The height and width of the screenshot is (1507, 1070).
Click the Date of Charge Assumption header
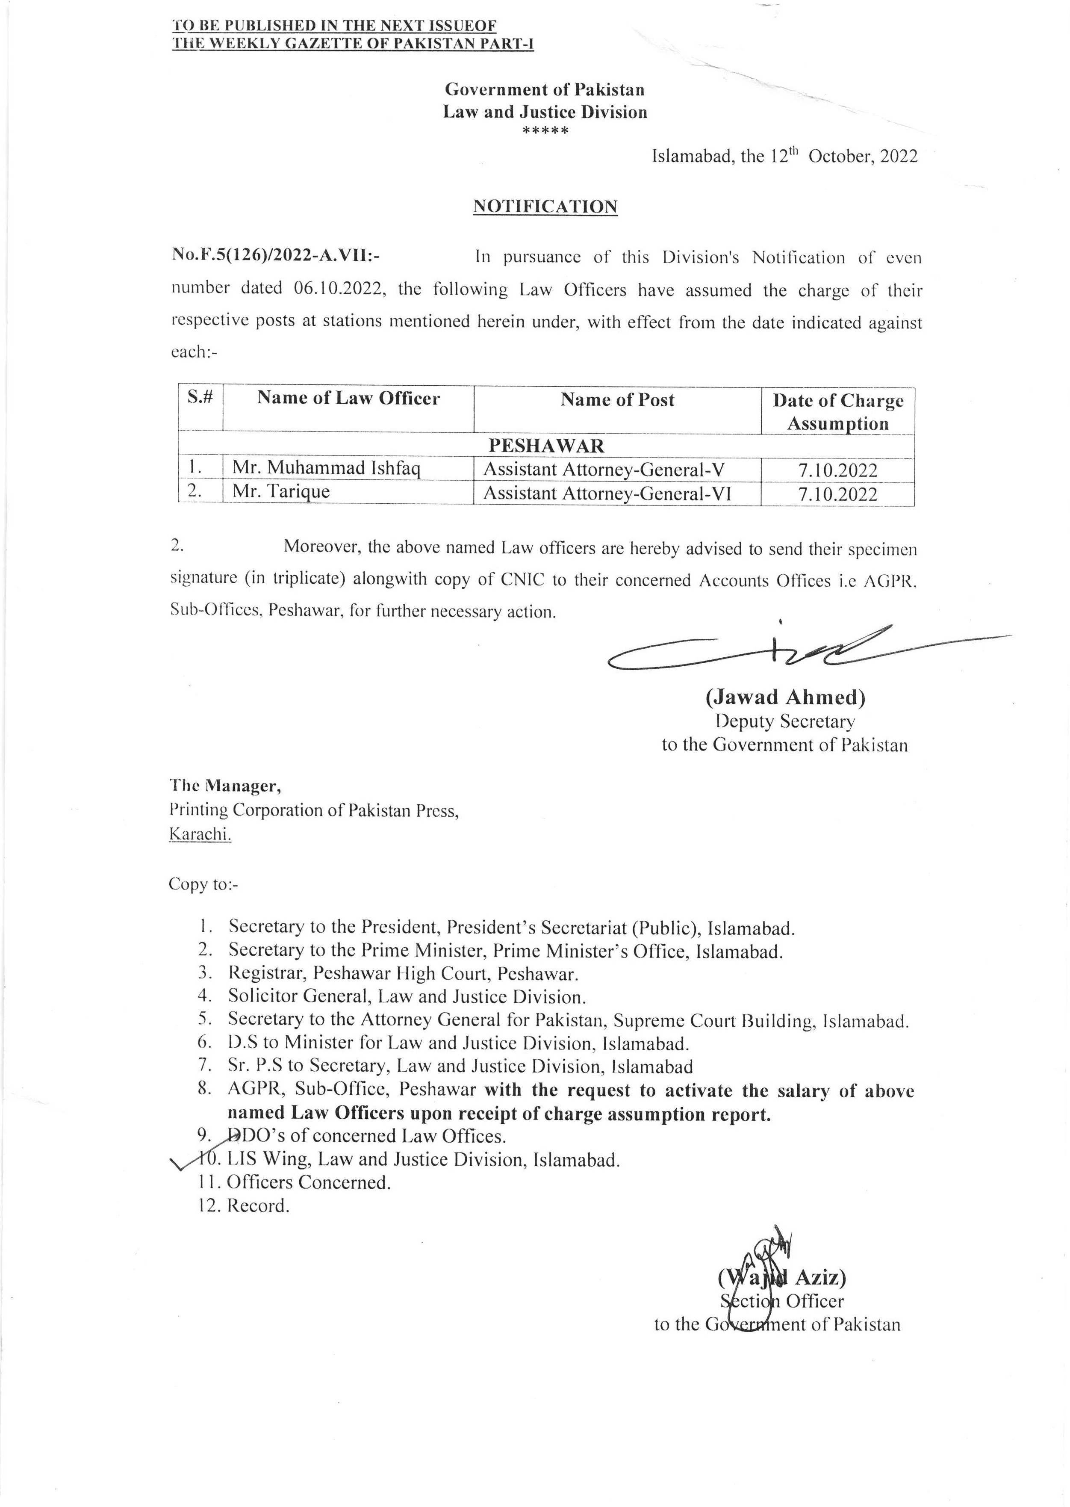837,411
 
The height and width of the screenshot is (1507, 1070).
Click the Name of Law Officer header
348,398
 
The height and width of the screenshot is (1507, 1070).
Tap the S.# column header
200,398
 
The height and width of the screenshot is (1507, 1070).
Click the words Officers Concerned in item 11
308,1182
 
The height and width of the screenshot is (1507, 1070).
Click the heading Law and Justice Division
545,112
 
